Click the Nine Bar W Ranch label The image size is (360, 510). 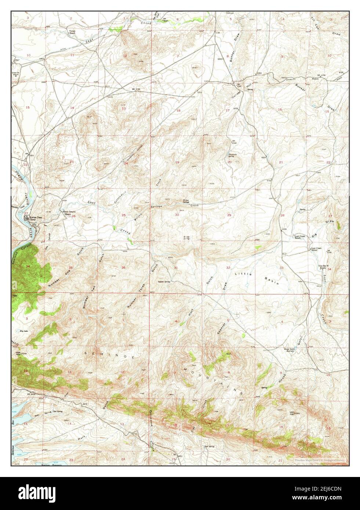click(x=323, y=267)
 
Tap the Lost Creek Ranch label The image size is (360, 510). click(x=298, y=237)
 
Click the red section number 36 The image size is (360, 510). click(x=123, y=267)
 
